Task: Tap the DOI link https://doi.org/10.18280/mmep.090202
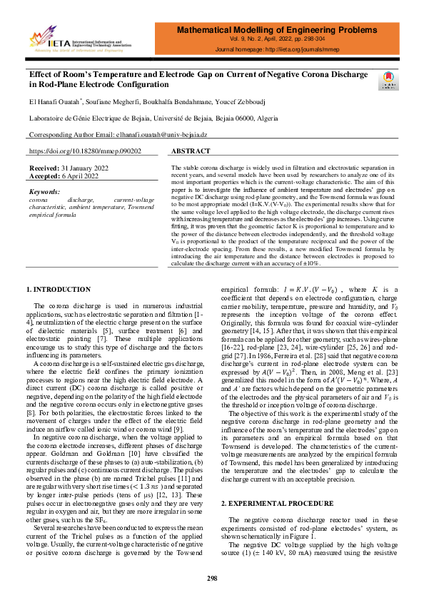pyautogui.click(x=85, y=151)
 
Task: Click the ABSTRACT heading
pyautogui.click(x=191, y=151)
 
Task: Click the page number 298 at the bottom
pyautogui.click(x=212, y=576)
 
